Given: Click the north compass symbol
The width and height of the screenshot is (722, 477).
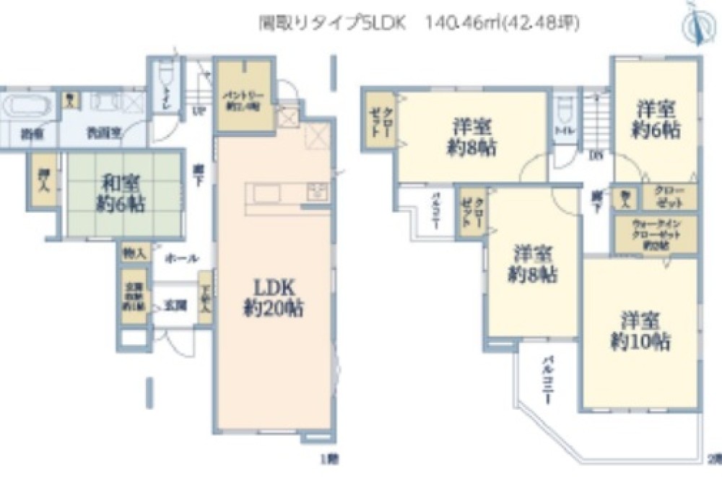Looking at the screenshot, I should click(695, 22).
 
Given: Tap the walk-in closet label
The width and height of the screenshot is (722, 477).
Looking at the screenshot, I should click(656, 234).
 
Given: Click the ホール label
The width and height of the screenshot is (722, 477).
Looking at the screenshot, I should click(178, 258).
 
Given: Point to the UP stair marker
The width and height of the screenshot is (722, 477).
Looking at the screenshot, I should click(197, 110).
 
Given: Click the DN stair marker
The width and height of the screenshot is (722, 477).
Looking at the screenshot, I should click(597, 154).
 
